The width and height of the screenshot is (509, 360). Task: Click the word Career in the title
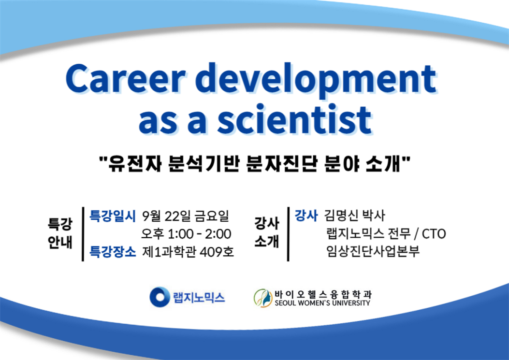(126, 78)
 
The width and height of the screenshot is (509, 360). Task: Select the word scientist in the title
(294, 119)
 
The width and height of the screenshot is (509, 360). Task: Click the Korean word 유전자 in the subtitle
(135, 163)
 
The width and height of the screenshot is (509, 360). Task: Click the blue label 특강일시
(112, 216)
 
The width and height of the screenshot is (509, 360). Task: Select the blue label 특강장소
(112, 252)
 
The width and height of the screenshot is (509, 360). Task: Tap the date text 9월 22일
(167, 216)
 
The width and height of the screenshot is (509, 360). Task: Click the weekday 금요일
(212, 216)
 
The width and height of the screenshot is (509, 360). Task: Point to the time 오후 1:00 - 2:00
(186, 234)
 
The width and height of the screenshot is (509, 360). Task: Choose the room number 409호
(217, 252)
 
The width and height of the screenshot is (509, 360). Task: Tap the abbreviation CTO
(434, 234)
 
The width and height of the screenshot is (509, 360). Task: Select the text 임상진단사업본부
(373, 251)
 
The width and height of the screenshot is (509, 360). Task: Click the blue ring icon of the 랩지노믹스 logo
(160, 297)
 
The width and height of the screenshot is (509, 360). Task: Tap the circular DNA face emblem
(263, 298)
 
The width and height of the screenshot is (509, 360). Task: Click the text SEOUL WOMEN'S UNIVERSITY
(322, 303)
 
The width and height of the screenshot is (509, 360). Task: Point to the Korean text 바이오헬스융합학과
(323, 294)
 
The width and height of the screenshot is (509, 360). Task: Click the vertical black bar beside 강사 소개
(288, 234)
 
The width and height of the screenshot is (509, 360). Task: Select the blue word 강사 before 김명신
(306, 216)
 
